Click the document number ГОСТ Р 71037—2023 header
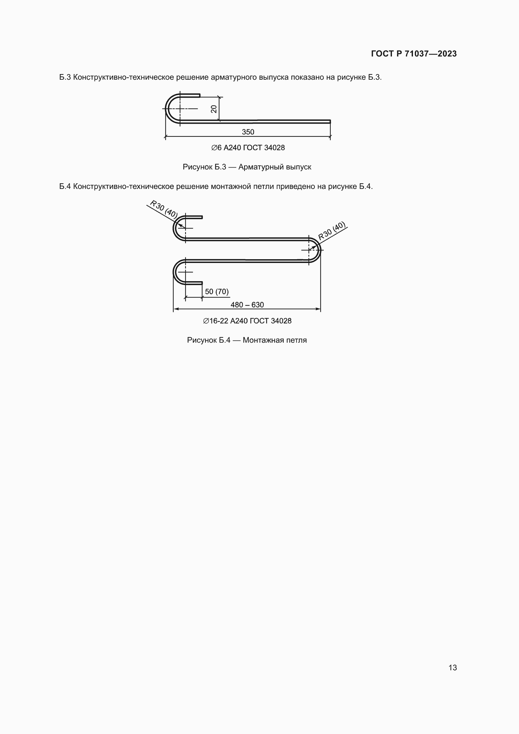(x=414, y=54)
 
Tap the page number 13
(x=452, y=667)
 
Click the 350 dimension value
(x=248, y=132)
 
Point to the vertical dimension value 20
(x=214, y=109)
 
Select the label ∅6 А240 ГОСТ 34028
(x=248, y=148)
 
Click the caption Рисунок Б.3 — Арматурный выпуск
(x=247, y=167)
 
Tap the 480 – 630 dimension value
(x=247, y=305)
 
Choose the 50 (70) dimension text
(x=217, y=292)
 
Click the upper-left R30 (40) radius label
(x=163, y=209)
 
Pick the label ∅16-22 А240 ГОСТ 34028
(x=247, y=321)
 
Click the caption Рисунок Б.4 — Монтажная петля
(x=247, y=340)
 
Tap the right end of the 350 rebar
(x=329, y=121)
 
